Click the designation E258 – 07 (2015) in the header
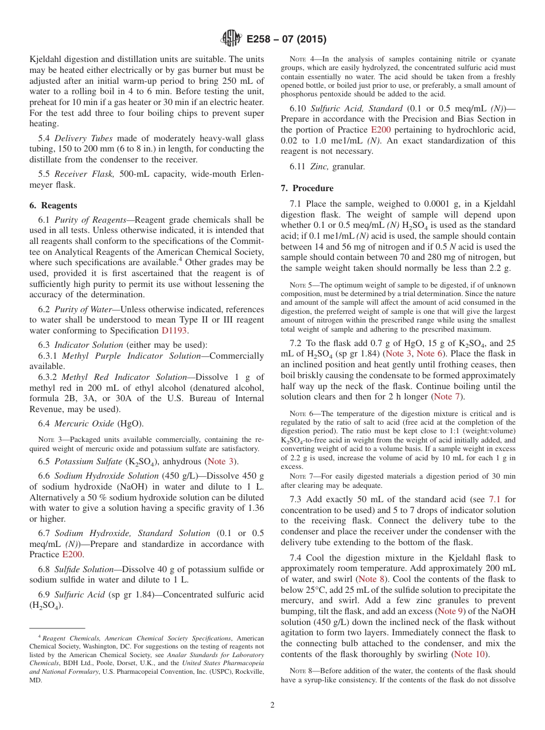pyautogui.click(x=286, y=40)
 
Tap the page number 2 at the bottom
pyautogui.click(x=272, y=705)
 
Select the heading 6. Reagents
pyautogui.click(x=53, y=205)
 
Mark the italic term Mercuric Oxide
pyautogui.click(x=84, y=424)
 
